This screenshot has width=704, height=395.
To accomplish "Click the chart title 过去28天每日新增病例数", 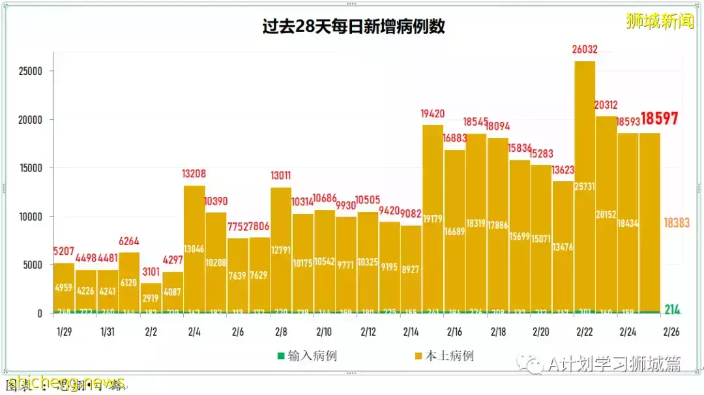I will pos(354,27).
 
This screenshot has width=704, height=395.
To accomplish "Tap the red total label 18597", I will pos(659,119).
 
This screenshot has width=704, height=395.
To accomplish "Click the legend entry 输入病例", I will pos(307,356).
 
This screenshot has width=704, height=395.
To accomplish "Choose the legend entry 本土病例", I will pos(443,356).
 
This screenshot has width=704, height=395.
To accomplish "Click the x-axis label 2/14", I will pos(411,331).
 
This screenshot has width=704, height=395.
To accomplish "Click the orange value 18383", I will pos(676,223).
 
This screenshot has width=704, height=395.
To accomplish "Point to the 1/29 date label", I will pos(64,331).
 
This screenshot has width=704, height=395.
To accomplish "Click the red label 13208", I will pos(194,174).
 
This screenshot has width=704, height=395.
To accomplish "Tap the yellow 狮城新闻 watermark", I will pos(659,21).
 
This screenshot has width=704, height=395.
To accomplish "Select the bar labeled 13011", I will pos(281,251).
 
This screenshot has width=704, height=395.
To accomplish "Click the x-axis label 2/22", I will pos(585,331).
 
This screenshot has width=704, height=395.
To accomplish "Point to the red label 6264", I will pos(129,241).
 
